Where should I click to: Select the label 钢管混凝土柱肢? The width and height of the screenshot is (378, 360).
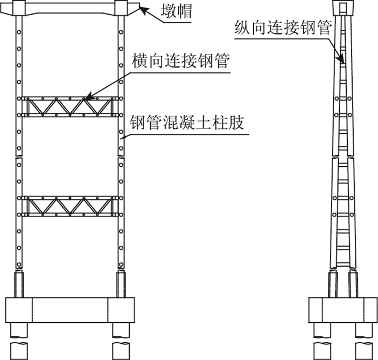click(188, 123)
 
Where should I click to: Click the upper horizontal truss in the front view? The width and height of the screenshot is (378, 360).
click(69, 106)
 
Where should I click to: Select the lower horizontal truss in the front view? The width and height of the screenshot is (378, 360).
click(69, 206)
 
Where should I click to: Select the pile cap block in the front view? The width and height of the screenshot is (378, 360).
click(69, 310)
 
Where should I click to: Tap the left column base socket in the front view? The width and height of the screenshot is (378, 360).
click(19, 284)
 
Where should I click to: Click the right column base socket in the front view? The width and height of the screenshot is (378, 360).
click(119, 284)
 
